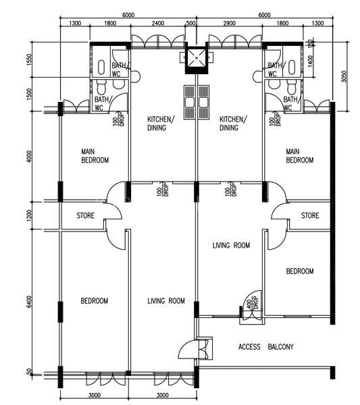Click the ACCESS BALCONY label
tap(265, 347)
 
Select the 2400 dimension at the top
tap(157, 24)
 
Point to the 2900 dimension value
tap(229, 24)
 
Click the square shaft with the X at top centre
tap(197, 59)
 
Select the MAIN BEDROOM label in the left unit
tap(95, 156)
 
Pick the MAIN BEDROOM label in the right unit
tap(299, 156)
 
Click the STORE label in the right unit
tap(310, 216)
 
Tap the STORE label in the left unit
tap(85, 216)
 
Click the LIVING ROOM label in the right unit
tap(231, 246)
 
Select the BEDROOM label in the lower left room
tap(94, 301)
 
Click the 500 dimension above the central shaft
tap(191, 24)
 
